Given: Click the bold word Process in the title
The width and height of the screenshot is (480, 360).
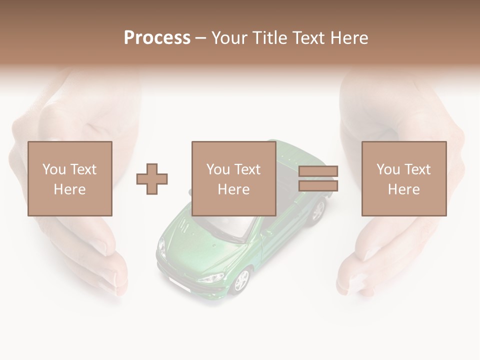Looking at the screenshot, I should click(x=157, y=38).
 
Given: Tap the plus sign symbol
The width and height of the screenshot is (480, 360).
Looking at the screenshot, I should click(x=152, y=179).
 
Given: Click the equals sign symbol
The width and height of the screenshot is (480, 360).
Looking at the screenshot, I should click(x=318, y=178).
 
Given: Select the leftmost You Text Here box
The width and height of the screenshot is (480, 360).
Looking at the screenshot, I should click(x=70, y=178).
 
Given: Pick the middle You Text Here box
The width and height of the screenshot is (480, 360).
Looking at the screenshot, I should click(x=234, y=178).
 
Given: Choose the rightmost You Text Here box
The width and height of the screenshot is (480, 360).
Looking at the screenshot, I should click(x=404, y=178).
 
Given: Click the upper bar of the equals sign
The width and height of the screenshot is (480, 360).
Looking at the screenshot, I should click(x=318, y=171).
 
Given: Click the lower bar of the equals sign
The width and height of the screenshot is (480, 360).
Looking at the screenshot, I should click(x=318, y=186).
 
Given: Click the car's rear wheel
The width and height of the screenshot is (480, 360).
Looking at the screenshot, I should click(x=317, y=210).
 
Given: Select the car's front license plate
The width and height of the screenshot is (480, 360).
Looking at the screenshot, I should click(x=179, y=285).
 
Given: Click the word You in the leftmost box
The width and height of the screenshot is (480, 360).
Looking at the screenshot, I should click(x=54, y=169).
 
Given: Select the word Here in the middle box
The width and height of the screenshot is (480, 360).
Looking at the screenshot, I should click(x=234, y=189).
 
